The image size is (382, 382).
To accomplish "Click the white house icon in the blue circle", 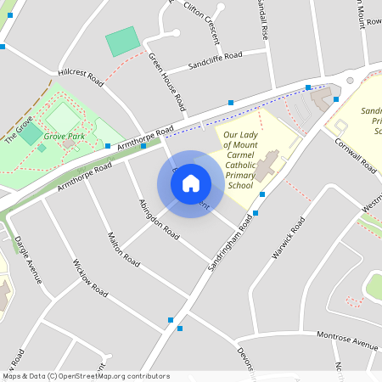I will click(x=191, y=183).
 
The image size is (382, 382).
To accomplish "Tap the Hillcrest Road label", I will click(x=80, y=76).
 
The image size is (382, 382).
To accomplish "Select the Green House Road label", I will click(x=167, y=81).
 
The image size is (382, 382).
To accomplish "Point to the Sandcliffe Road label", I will click(x=215, y=59).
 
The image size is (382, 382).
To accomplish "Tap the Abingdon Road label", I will click(x=159, y=218).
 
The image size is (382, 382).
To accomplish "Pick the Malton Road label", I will click(x=124, y=249).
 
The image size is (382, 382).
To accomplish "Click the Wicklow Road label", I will click(x=90, y=278).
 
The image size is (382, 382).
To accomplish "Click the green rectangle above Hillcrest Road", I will click(x=123, y=42).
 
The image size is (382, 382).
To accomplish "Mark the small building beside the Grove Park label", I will click(x=69, y=144).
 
